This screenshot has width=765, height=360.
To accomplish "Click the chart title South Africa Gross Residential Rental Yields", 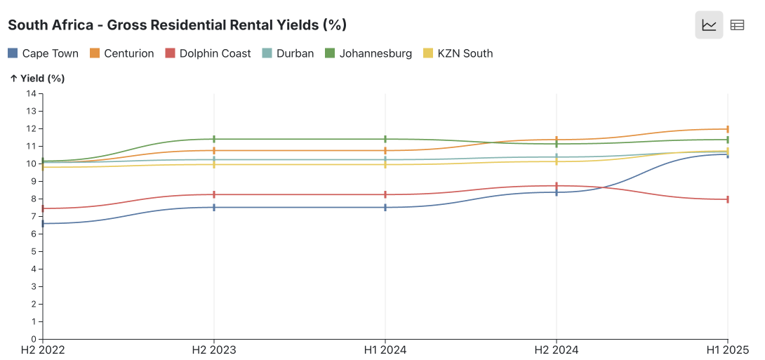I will (x=177, y=25).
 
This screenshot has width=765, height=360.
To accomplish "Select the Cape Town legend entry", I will (x=43, y=53).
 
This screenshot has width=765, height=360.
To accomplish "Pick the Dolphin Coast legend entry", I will (x=208, y=53).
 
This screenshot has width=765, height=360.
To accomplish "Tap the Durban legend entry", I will (x=288, y=53).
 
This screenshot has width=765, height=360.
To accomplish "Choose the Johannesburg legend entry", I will (x=368, y=53).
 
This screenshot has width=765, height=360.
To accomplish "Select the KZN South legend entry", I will (x=458, y=53).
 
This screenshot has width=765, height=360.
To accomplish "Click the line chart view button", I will (x=709, y=25).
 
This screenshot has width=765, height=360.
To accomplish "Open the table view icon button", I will (x=737, y=25).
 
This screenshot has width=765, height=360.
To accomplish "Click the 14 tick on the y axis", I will (x=31, y=93).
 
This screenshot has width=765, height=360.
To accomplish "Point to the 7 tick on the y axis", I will (x=33, y=216).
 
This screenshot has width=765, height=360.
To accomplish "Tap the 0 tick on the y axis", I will (x=33, y=340).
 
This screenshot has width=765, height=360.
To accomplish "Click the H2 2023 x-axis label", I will (x=214, y=349).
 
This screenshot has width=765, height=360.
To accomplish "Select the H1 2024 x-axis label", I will (x=385, y=349).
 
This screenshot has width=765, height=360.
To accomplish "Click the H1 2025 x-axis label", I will (x=727, y=349).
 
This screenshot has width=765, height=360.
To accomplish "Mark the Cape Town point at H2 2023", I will (x=214, y=207).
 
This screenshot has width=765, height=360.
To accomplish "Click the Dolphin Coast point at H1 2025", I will (x=728, y=199).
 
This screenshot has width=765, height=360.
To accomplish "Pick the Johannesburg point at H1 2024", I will (x=385, y=139).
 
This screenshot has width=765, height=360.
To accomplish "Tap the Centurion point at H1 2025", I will (x=728, y=129).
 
